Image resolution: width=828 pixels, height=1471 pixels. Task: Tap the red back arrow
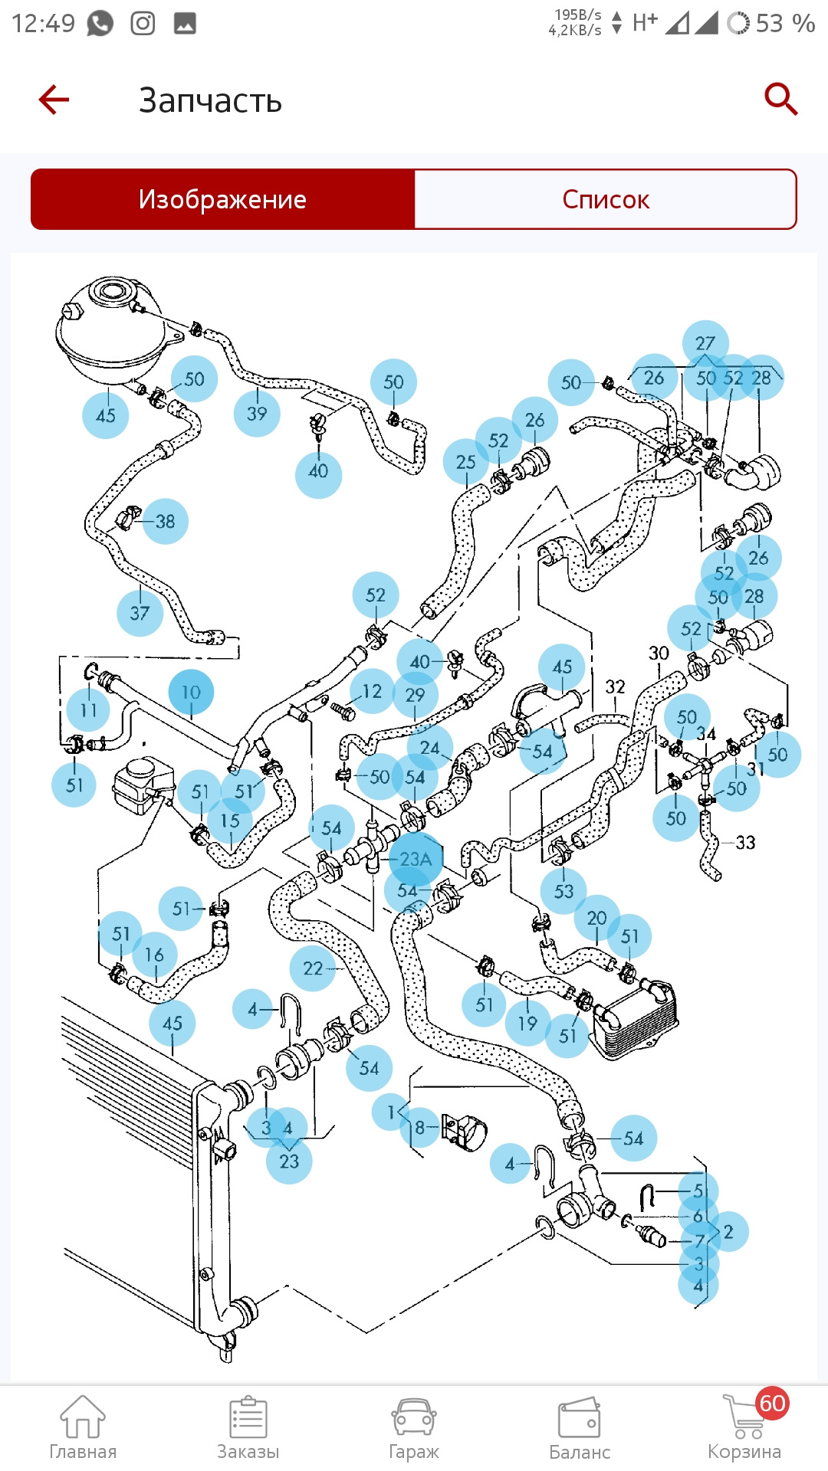pyautogui.click(x=54, y=100)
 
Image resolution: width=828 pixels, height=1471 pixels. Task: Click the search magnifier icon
pyautogui.click(x=781, y=99)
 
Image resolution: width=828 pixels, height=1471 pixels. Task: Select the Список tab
pyautogui.click(x=605, y=199)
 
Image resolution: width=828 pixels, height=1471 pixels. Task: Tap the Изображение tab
pyautogui.click(x=222, y=199)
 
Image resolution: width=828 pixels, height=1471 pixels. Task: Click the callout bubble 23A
pyautogui.click(x=416, y=860)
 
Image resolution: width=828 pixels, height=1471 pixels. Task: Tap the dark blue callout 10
pyautogui.click(x=191, y=693)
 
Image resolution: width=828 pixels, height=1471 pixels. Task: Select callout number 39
pyautogui.click(x=257, y=414)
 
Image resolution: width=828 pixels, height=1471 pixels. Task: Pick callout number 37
pyautogui.click(x=140, y=613)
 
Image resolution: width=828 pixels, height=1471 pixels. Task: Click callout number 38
pyautogui.click(x=165, y=522)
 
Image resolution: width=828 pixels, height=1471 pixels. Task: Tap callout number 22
pyautogui.click(x=313, y=968)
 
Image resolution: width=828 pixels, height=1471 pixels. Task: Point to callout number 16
pyautogui.click(x=154, y=955)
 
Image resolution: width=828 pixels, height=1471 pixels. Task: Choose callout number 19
pyautogui.click(x=527, y=1024)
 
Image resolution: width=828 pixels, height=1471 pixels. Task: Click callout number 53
pyautogui.click(x=563, y=891)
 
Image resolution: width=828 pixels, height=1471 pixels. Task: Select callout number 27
pyautogui.click(x=705, y=343)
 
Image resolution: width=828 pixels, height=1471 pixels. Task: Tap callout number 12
pyautogui.click(x=372, y=691)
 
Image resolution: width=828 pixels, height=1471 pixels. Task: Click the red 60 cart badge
pyautogui.click(x=772, y=1403)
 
